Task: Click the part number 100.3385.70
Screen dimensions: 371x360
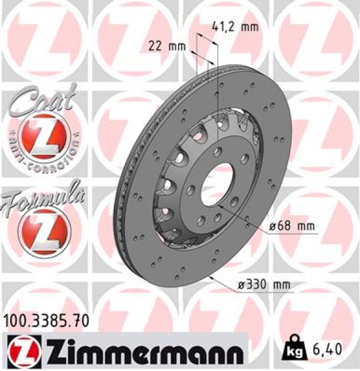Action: (x=46, y=320)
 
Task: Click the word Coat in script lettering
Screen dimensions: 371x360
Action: (x=40, y=100)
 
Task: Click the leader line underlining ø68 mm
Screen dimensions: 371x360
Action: (x=291, y=234)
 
